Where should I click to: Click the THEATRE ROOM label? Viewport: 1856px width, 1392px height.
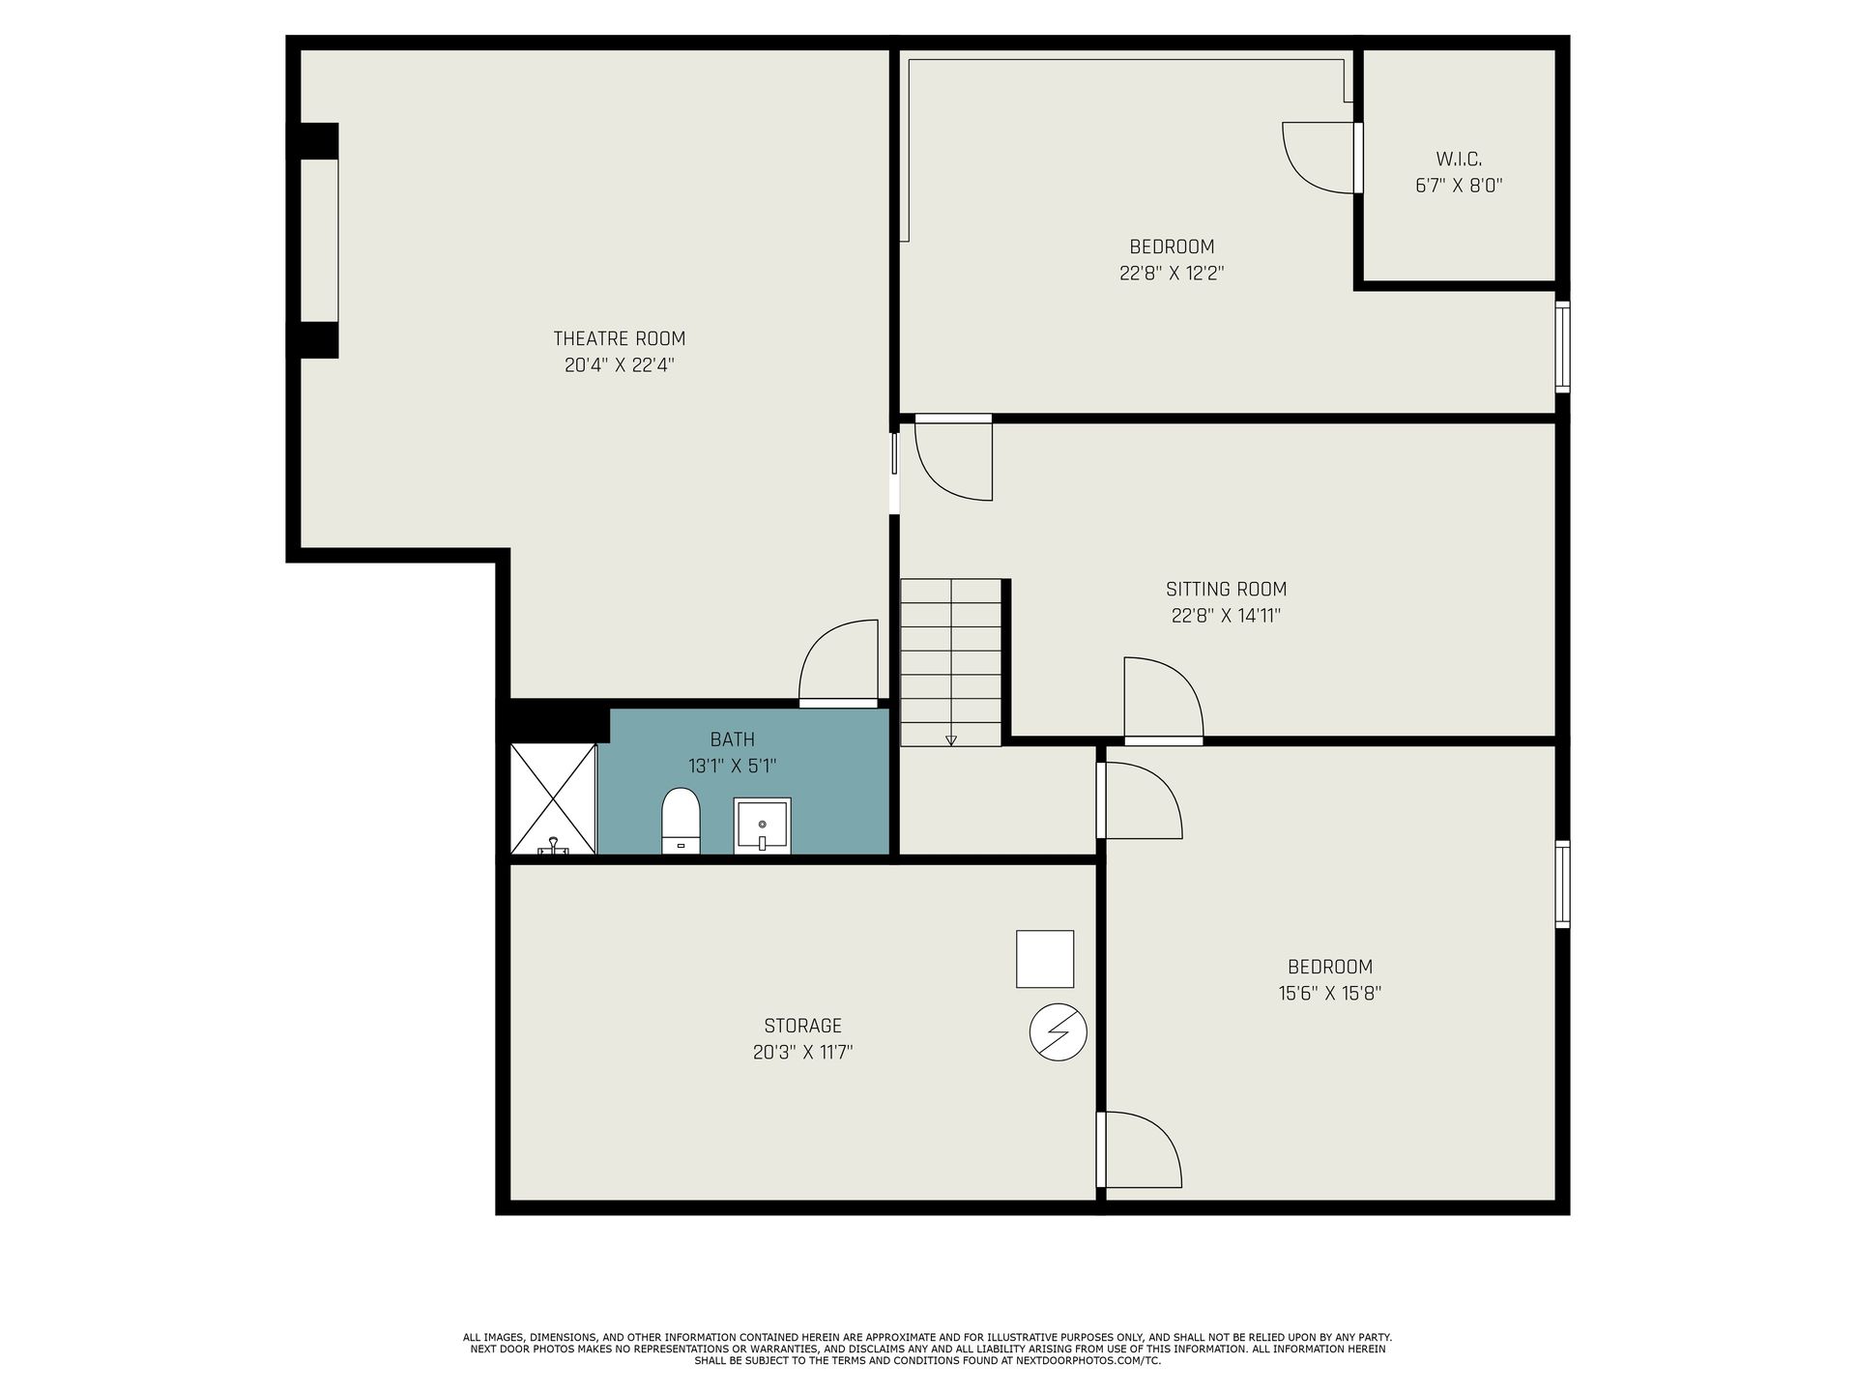(619, 338)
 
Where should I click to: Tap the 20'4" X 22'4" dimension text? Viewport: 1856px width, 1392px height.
(619, 365)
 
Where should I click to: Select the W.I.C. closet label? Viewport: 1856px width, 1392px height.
(1459, 159)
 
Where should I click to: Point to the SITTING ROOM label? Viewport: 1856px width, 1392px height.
(1226, 589)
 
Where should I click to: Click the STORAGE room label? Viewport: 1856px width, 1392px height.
(802, 1026)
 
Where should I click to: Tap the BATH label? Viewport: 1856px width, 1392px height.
(733, 739)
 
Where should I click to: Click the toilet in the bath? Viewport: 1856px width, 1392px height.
(681, 821)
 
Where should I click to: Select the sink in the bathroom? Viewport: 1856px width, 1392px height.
(762, 826)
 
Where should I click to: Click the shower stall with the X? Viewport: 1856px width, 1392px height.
(553, 798)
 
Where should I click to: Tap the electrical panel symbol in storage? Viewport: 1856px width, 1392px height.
(1058, 1033)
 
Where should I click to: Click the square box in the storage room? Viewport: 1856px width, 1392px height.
(1045, 959)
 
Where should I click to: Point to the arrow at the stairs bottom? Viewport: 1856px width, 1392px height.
(951, 740)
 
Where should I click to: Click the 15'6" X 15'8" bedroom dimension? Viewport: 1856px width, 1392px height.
(1330, 993)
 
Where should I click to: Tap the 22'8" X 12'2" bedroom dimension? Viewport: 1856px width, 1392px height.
(1172, 273)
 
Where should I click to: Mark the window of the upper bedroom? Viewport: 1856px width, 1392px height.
(1562, 347)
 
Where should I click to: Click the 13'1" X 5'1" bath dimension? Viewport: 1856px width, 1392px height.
(733, 766)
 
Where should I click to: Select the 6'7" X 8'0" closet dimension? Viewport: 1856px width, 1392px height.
(1459, 186)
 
